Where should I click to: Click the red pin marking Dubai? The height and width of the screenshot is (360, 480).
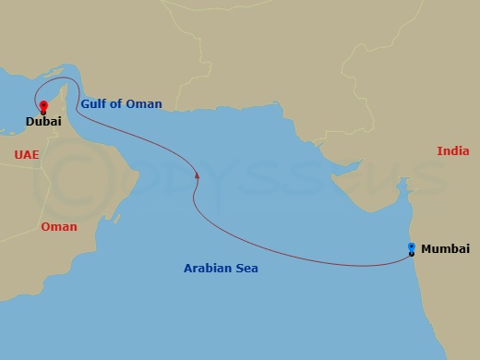[42, 105]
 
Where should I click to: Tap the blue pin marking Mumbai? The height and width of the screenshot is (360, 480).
[411, 247]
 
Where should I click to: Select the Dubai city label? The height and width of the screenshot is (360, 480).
[43, 121]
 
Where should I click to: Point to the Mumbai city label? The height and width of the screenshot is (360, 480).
[445, 249]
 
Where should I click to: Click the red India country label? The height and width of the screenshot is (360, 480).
[452, 150]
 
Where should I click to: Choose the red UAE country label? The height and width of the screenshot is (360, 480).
[27, 154]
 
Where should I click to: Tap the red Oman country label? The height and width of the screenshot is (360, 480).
[59, 226]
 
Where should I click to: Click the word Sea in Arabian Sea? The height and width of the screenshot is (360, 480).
[246, 269]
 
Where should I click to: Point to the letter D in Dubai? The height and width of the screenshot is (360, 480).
[30, 121]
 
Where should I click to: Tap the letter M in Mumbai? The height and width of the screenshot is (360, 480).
[426, 249]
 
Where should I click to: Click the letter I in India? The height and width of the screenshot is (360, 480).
[439, 150]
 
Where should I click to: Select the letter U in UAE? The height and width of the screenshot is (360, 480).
[18, 154]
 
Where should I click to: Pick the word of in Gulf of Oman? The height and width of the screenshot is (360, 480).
[119, 104]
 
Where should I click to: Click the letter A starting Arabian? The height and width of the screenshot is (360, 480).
[187, 269]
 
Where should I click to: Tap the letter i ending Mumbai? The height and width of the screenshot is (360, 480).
[467, 249]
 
